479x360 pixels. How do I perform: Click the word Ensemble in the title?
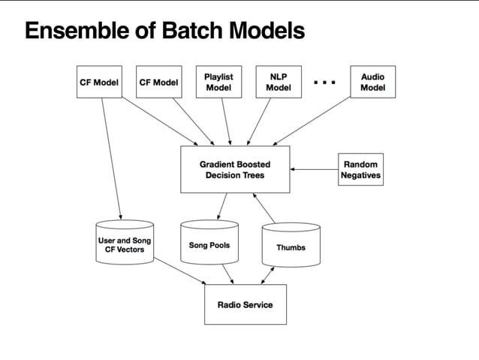point(77,30)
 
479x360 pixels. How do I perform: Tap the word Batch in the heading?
point(192,30)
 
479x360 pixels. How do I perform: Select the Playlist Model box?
point(218,82)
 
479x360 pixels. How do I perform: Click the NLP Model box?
point(279,82)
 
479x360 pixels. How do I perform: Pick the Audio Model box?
point(372,82)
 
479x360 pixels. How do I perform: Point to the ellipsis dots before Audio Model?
point(325,82)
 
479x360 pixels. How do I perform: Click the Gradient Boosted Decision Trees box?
point(235,169)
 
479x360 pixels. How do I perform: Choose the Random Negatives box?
point(361,169)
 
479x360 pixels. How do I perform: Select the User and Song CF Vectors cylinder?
point(125,242)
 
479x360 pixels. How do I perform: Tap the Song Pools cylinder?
point(209,242)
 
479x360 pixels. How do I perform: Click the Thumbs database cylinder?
point(291,245)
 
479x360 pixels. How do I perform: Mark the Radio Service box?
point(246,304)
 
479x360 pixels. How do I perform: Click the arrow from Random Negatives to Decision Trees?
point(314,169)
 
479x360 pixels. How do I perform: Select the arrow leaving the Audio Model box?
point(312,121)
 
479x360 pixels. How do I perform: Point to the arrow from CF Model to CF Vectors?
point(112,159)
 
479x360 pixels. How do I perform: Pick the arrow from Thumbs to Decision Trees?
point(264,208)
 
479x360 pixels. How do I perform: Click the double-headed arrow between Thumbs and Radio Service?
point(267,276)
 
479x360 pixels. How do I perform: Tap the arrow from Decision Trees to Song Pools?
point(222,206)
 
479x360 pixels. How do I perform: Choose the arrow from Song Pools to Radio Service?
point(228,274)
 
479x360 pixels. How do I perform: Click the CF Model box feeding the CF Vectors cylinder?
point(99,82)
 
